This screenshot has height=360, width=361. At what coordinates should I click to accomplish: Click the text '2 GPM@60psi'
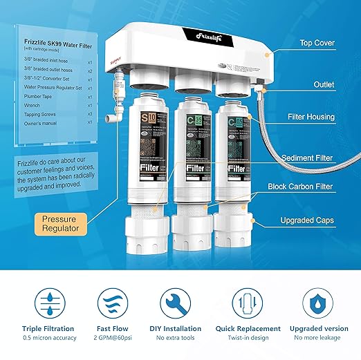(109, 339)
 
